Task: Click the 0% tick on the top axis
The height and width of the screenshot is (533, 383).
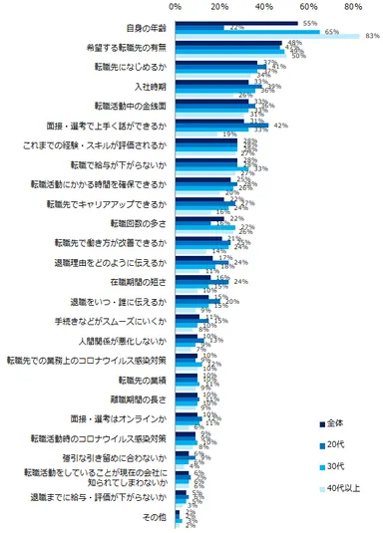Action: pos(149,7)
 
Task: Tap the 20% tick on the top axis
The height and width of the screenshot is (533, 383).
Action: pos(206,7)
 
